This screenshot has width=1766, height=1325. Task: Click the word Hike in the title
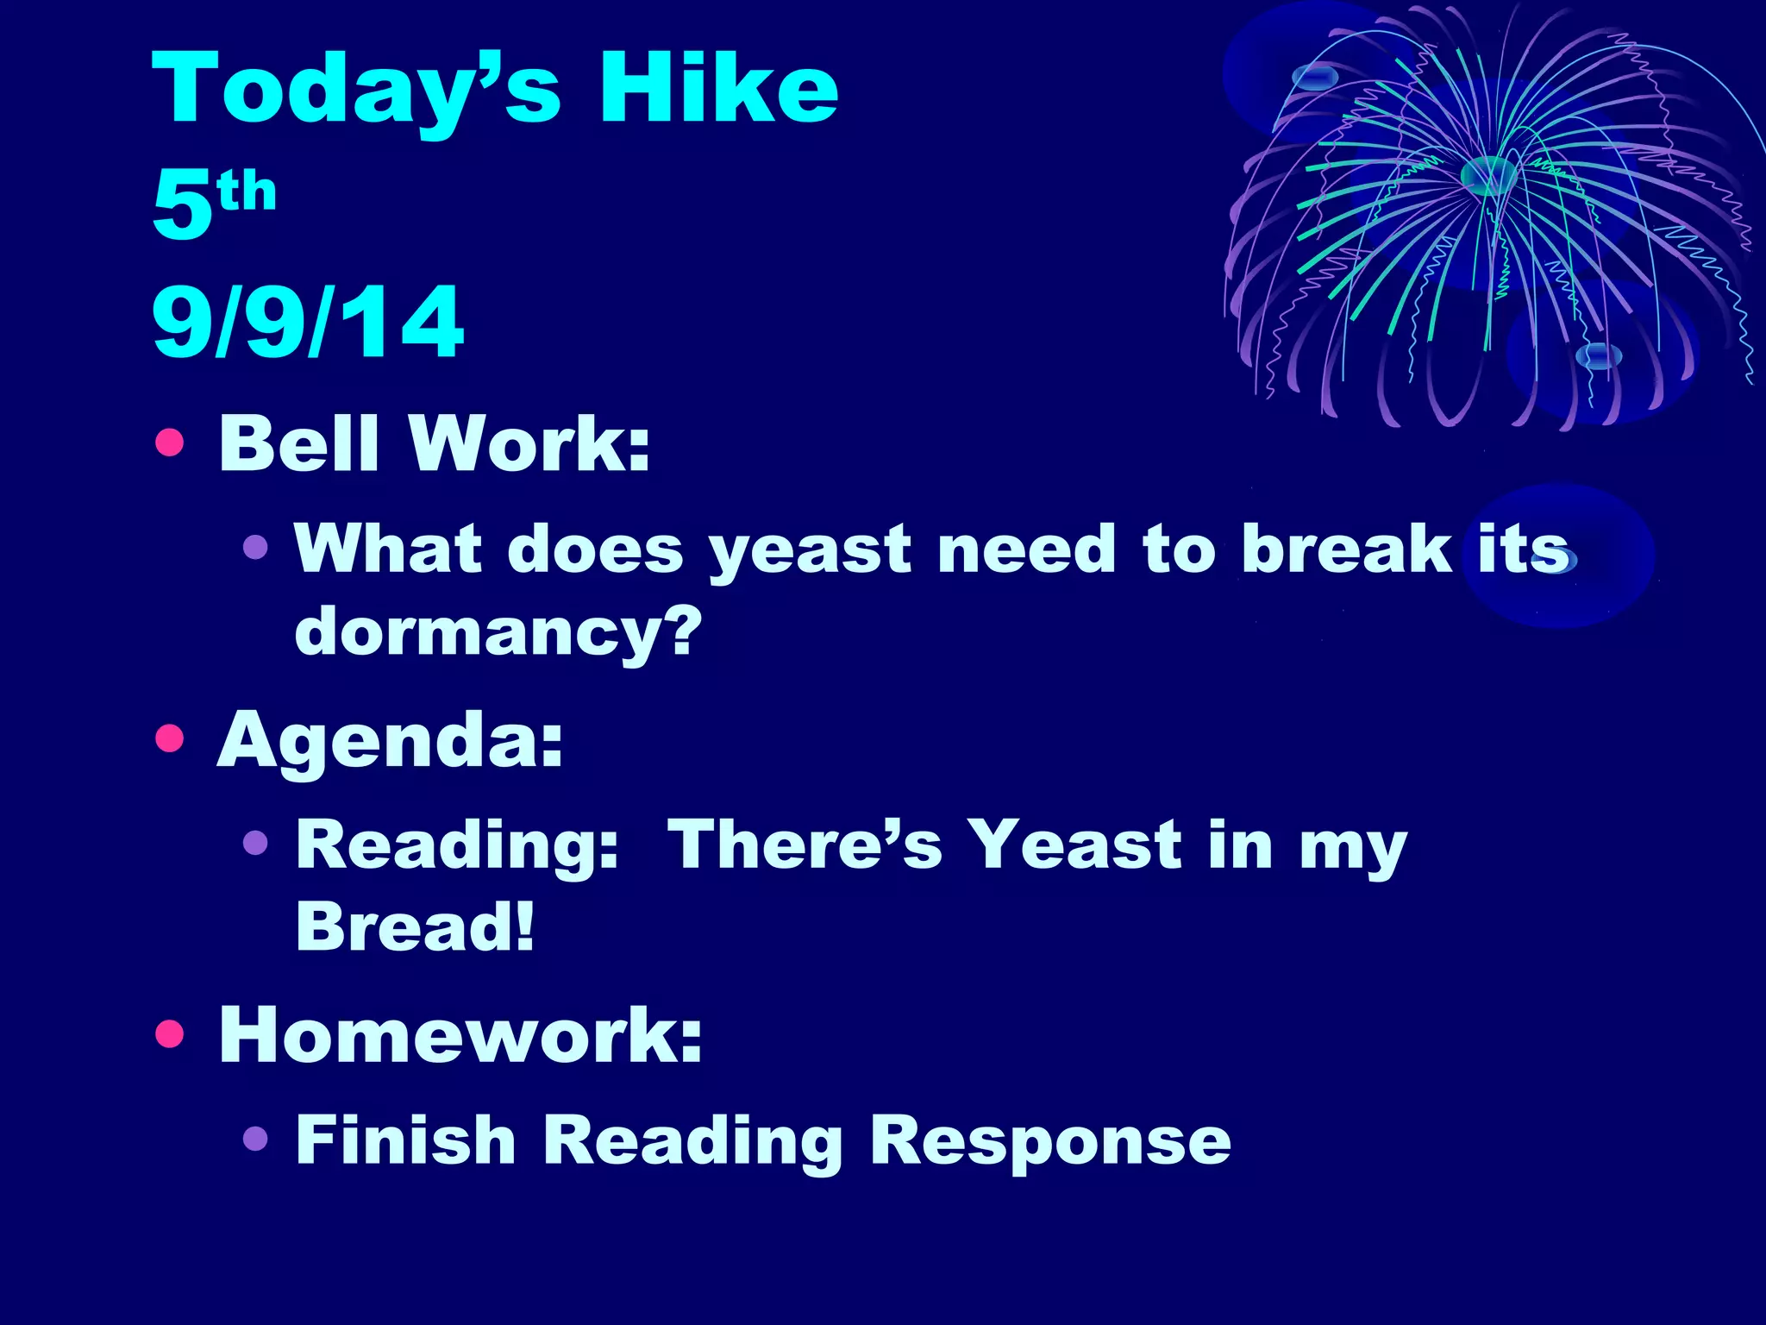(x=718, y=89)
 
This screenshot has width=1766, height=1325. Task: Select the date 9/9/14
(x=308, y=322)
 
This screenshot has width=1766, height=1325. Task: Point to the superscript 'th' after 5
(x=247, y=191)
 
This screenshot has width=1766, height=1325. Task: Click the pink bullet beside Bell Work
(x=170, y=442)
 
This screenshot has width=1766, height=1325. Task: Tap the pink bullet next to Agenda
(x=170, y=738)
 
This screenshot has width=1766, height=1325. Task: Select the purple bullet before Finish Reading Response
(x=255, y=1139)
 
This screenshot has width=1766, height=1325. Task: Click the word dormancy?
(x=498, y=631)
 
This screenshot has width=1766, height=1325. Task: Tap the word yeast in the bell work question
(x=810, y=550)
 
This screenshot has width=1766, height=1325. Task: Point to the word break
(x=1346, y=549)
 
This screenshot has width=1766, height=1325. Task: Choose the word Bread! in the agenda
(x=415, y=926)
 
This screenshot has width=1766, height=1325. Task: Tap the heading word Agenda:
(x=391, y=740)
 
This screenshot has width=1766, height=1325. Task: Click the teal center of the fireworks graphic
(x=1488, y=175)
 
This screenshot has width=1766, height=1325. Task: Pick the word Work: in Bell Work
(x=529, y=443)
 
